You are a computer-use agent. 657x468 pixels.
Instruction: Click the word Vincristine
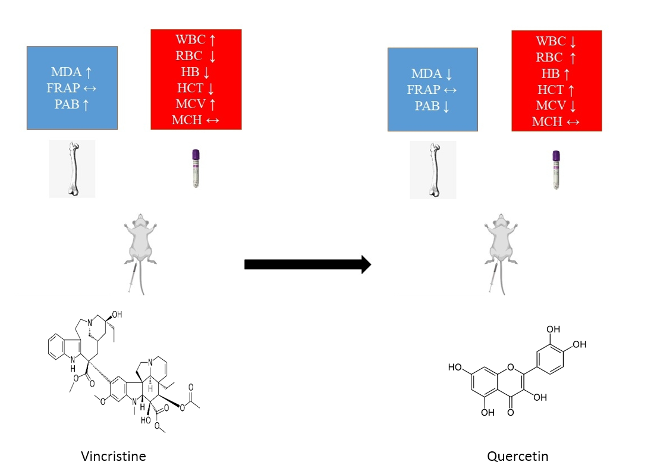pos(114,456)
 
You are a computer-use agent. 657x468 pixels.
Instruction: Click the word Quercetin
pos(517,456)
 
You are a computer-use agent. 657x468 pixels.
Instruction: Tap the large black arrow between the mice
pos(307,264)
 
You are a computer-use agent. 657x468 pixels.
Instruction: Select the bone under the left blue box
pos(72,169)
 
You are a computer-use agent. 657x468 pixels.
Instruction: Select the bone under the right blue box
pos(433,169)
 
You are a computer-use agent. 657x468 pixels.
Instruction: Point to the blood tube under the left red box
pos(195,169)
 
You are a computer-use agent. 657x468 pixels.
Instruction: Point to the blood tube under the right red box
pos(556,169)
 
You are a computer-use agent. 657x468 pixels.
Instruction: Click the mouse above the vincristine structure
pos(140,244)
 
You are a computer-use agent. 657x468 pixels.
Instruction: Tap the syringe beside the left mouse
pos(132,278)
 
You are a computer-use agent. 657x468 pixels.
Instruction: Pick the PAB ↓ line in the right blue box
pos(432,106)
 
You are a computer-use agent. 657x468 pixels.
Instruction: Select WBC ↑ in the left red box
pos(196,40)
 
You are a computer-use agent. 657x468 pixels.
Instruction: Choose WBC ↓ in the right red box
pos(557,42)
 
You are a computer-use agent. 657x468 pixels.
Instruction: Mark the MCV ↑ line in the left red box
pos(196,104)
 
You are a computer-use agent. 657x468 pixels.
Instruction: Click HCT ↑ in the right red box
pos(557,90)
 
